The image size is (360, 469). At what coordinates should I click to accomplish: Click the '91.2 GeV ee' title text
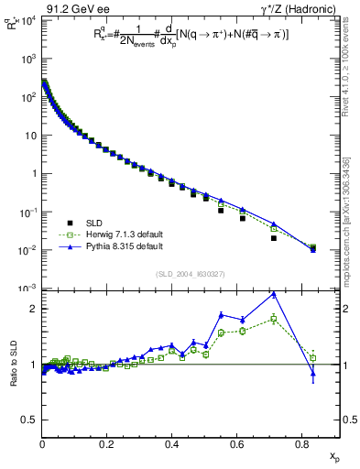click(76, 8)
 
